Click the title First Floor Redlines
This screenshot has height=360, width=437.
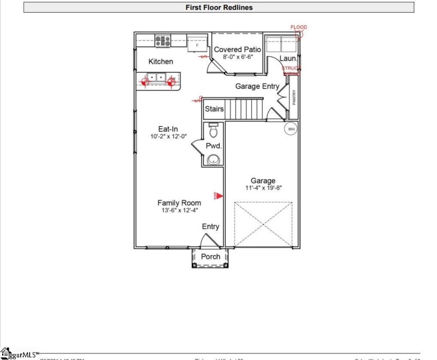click(x=219, y=8)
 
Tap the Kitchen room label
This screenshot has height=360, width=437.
click(x=161, y=62)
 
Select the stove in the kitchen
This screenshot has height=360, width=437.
click(x=163, y=40)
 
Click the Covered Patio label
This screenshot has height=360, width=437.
click(x=237, y=50)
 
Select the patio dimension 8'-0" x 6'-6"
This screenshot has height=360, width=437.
click(x=237, y=58)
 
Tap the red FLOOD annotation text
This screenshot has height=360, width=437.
click(x=299, y=27)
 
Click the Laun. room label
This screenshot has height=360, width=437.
click(x=288, y=58)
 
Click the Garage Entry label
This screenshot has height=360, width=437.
click(x=257, y=86)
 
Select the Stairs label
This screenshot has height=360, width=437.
click(x=214, y=109)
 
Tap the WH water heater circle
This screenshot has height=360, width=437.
click(x=291, y=129)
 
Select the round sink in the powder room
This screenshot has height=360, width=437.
click(x=214, y=160)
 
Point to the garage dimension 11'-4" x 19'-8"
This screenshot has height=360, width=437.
click(x=263, y=188)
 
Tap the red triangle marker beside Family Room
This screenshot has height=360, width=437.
click(x=217, y=196)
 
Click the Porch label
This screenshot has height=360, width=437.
click(x=211, y=256)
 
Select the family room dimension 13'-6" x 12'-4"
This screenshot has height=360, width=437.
click(x=179, y=210)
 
